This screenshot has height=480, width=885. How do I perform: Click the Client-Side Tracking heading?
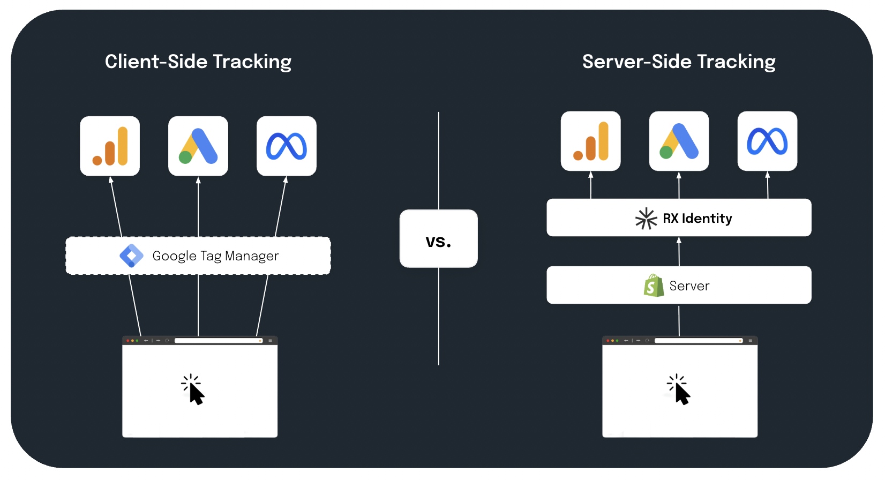click(x=198, y=62)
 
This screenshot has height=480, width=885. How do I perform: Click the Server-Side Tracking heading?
click(x=679, y=62)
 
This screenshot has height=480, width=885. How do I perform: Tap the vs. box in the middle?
click(x=438, y=239)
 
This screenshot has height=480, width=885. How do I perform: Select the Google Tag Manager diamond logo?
click(x=131, y=256)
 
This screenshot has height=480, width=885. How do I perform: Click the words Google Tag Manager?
click(x=215, y=256)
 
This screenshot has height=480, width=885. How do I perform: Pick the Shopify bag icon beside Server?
click(x=654, y=286)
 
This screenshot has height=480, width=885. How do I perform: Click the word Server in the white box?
click(x=689, y=286)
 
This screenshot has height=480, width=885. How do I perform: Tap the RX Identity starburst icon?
click(x=646, y=219)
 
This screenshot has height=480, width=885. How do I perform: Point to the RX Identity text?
click(x=697, y=219)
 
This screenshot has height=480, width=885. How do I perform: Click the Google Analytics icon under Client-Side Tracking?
click(x=110, y=146)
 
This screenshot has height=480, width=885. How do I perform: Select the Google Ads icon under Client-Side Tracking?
click(x=198, y=146)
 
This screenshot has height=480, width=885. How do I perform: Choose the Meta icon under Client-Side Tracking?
click(x=287, y=146)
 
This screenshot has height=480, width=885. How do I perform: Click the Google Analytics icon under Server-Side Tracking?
click(x=591, y=141)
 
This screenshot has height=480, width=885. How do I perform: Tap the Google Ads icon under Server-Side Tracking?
click(x=679, y=141)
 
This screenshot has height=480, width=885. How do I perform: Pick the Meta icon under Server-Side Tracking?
click(x=768, y=141)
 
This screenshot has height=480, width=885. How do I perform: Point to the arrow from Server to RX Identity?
click(x=679, y=251)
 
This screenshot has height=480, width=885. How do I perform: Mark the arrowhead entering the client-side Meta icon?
click(x=286, y=180)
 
